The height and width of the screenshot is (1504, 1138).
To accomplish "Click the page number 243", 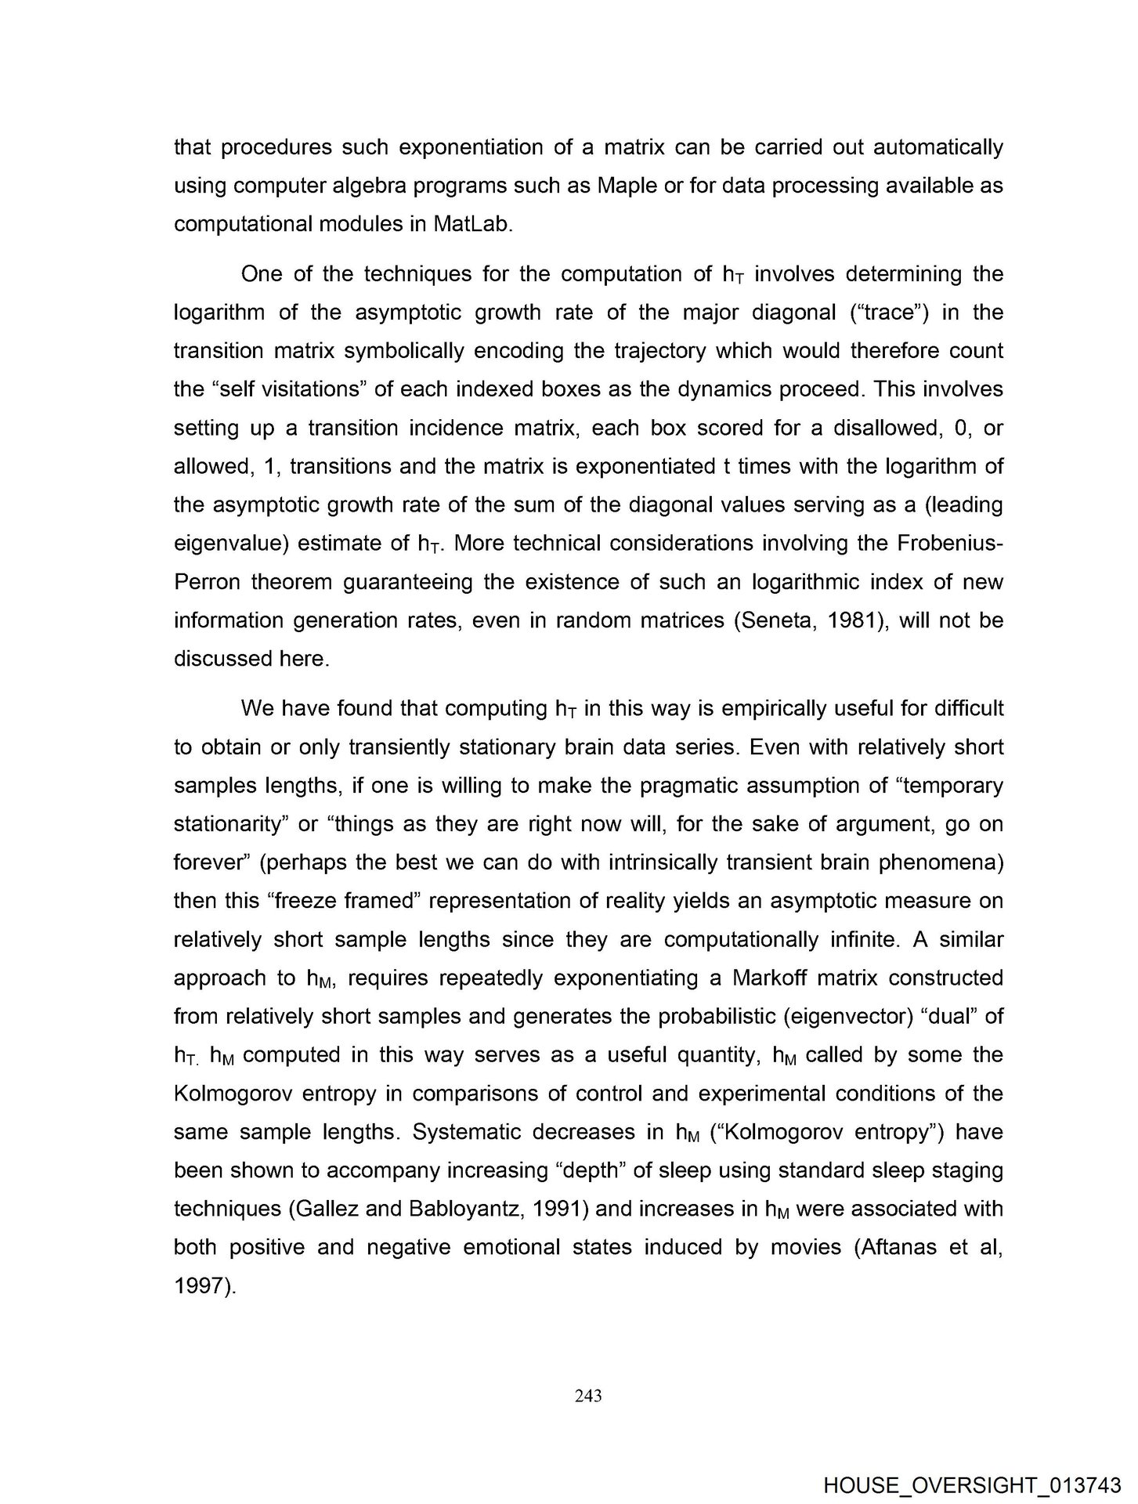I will [587, 1395].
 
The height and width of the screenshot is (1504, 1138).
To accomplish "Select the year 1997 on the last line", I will [200, 1285].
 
